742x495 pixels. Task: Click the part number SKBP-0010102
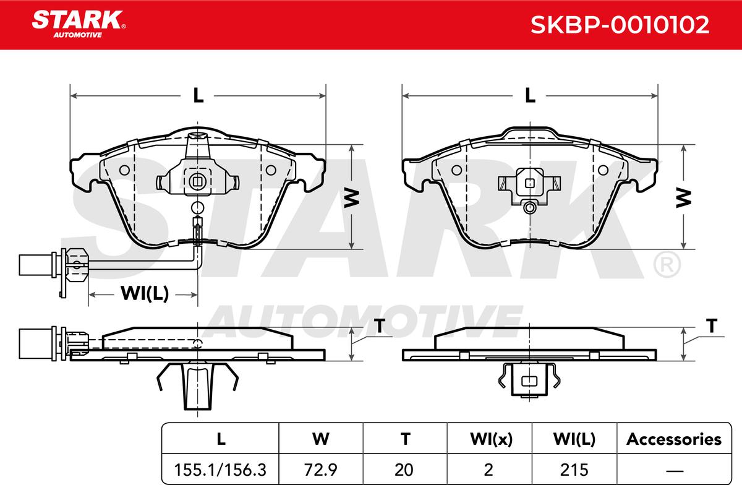(x=620, y=25)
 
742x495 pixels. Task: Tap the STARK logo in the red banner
(x=79, y=24)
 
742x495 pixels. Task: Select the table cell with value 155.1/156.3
(x=220, y=470)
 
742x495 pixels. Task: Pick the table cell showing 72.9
(x=321, y=470)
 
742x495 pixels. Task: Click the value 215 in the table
(x=574, y=470)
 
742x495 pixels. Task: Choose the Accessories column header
(x=674, y=439)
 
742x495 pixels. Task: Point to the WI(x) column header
(x=491, y=439)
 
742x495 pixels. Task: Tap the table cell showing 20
(x=404, y=470)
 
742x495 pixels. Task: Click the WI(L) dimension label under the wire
(x=145, y=294)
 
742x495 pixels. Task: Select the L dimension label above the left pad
(x=198, y=95)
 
